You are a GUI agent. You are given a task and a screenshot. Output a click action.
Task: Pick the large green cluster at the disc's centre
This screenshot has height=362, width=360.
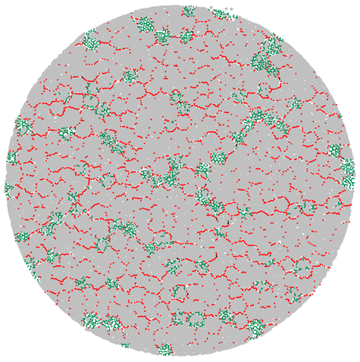tap(163, 176)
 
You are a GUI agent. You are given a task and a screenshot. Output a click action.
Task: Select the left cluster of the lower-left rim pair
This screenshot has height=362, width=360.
tap(91, 320)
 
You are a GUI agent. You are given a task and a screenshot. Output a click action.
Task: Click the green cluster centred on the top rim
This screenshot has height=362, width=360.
tap(188, 11)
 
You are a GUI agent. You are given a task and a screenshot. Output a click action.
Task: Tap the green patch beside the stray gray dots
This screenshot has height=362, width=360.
tap(220, 14)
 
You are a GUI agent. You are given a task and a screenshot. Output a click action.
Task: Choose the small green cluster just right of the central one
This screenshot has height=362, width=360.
tap(203, 170)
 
